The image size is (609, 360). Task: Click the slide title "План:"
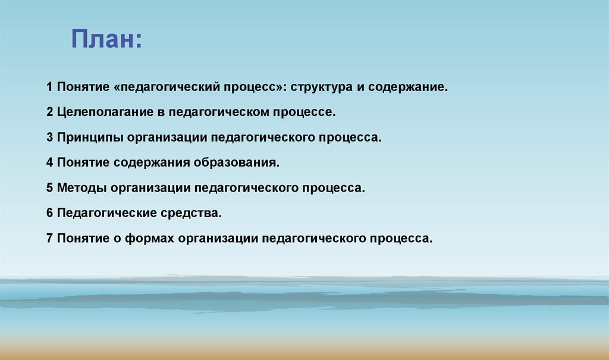point(106,40)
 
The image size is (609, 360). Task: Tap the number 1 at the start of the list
point(50,87)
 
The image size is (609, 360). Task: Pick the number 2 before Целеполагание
point(50,112)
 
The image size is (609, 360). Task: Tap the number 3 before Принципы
point(50,137)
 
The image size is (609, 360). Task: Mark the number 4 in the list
point(50,162)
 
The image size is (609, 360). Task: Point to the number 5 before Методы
point(50,188)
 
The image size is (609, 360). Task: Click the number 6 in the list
point(50,212)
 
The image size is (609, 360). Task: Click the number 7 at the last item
point(50,238)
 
